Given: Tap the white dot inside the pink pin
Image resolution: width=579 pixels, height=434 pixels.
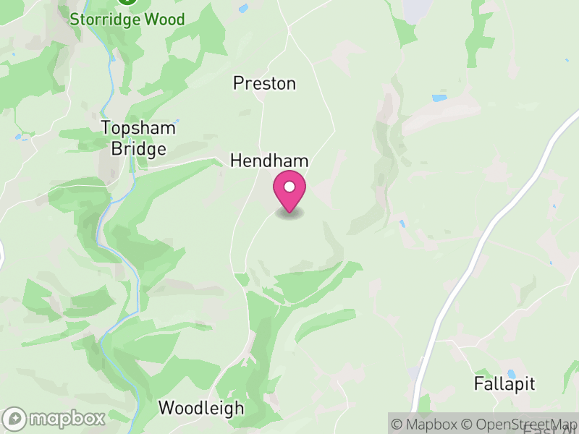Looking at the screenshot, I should tap(289, 187).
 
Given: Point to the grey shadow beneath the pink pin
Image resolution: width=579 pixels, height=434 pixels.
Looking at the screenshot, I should tap(289, 213).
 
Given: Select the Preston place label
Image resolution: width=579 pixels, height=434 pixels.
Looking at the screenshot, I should tap(264, 84).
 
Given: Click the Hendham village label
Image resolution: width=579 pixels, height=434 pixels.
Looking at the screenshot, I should tap(269, 161).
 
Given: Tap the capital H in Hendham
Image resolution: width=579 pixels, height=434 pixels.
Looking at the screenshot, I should tap(236, 161).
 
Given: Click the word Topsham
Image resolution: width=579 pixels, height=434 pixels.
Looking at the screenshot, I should tap(138, 128).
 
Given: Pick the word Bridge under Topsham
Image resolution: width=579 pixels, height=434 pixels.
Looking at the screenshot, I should tap(138, 150).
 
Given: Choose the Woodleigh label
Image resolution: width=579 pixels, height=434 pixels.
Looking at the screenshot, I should tap(201, 408).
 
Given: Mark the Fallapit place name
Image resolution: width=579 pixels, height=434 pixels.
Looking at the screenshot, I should tap(504, 383).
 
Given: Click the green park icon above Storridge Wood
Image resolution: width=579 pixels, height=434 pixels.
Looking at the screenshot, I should tap(127, 1).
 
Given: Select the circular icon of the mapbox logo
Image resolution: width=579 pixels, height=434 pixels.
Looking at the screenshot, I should tap(15, 418).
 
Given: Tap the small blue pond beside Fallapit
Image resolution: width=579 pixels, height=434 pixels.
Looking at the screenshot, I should tap(512, 374).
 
